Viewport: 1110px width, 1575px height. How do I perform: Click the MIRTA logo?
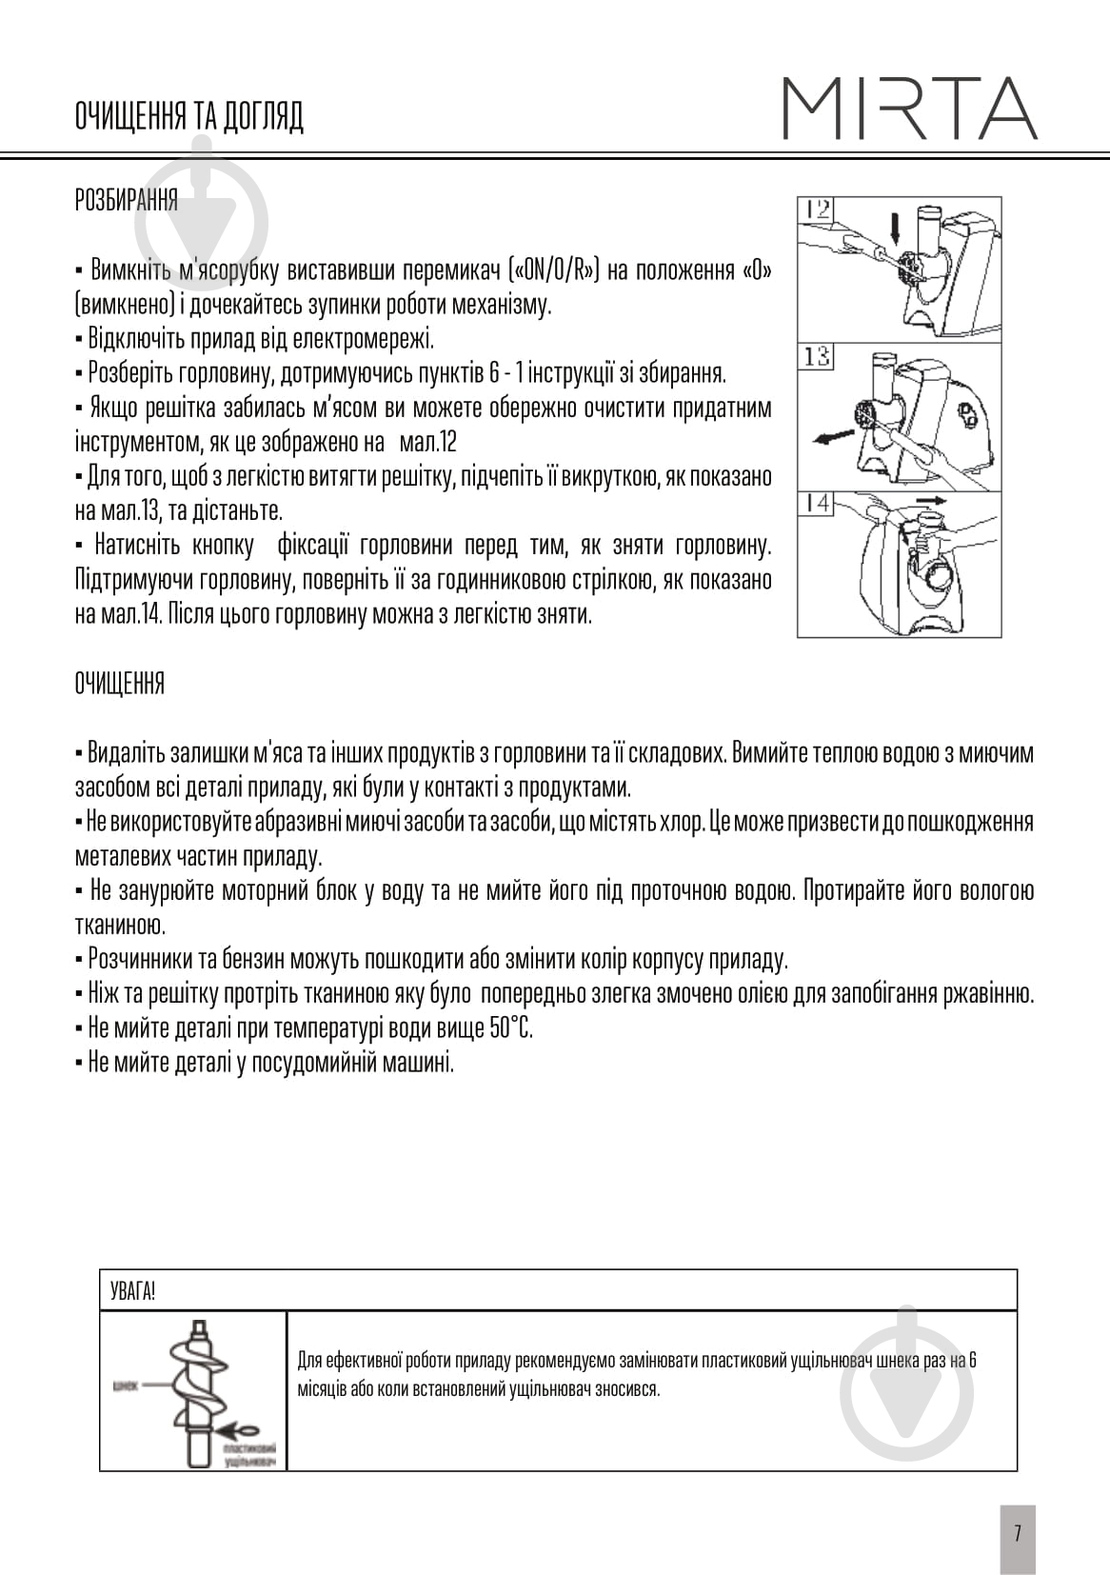pyautogui.click(x=910, y=109)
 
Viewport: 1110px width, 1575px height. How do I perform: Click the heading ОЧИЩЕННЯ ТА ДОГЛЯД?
pyautogui.click(x=188, y=117)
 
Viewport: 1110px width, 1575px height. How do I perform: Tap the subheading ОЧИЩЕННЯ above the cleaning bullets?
pyautogui.click(x=119, y=683)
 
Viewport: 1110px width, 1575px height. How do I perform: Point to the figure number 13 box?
pyautogui.click(x=815, y=357)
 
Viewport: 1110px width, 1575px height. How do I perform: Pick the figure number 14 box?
pyautogui.click(x=815, y=503)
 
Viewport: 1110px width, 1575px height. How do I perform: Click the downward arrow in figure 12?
pyautogui.click(x=894, y=228)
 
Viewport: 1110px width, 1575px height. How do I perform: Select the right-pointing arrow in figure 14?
pyautogui.click(x=930, y=499)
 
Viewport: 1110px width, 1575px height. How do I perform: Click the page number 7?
pyautogui.click(x=1017, y=1533)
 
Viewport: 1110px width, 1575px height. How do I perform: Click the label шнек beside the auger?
pyautogui.click(x=126, y=1386)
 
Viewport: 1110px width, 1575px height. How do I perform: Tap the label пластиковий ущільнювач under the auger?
pyautogui.click(x=250, y=1454)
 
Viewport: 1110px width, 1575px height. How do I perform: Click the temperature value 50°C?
pyautogui.click(x=512, y=1028)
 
